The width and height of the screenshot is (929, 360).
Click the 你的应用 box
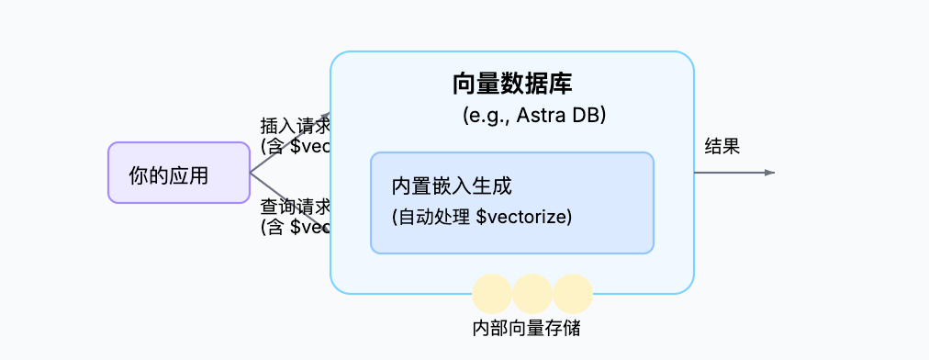coord(178,173)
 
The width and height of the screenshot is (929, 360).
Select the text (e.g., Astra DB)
coord(534,117)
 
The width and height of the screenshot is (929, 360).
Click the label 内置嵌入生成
coord(451,186)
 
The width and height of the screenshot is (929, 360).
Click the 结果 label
coord(722,146)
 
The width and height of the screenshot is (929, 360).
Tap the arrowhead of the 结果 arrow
coord(770,173)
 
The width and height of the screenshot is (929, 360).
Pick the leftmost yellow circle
coord(491,294)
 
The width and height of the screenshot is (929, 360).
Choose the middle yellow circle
coord(532,294)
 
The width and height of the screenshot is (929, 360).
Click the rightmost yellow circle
coord(572,294)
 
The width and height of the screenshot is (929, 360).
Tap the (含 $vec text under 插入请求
coord(295,146)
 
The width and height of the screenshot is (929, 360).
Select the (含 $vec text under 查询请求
coord(295,226)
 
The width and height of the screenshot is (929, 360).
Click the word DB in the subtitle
coord(587,117)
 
